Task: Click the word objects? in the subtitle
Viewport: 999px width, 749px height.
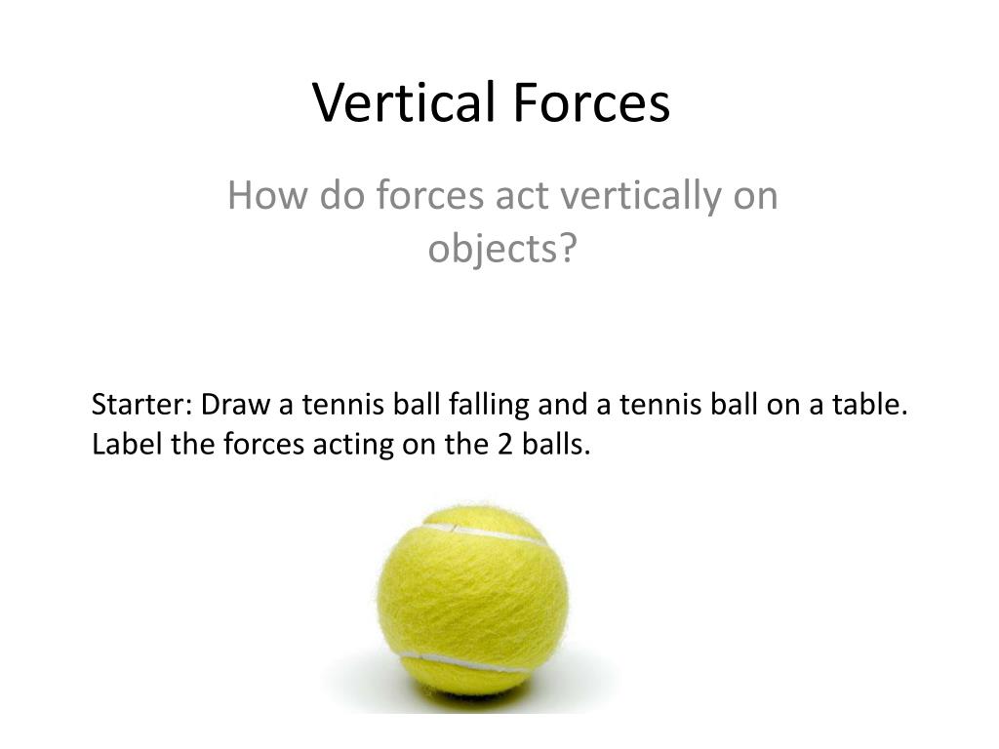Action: pos(502,250)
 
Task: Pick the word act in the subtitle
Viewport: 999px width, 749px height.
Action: pos(527,196)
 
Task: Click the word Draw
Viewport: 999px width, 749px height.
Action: pos(231,405)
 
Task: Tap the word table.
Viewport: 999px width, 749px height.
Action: pos(870,405)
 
